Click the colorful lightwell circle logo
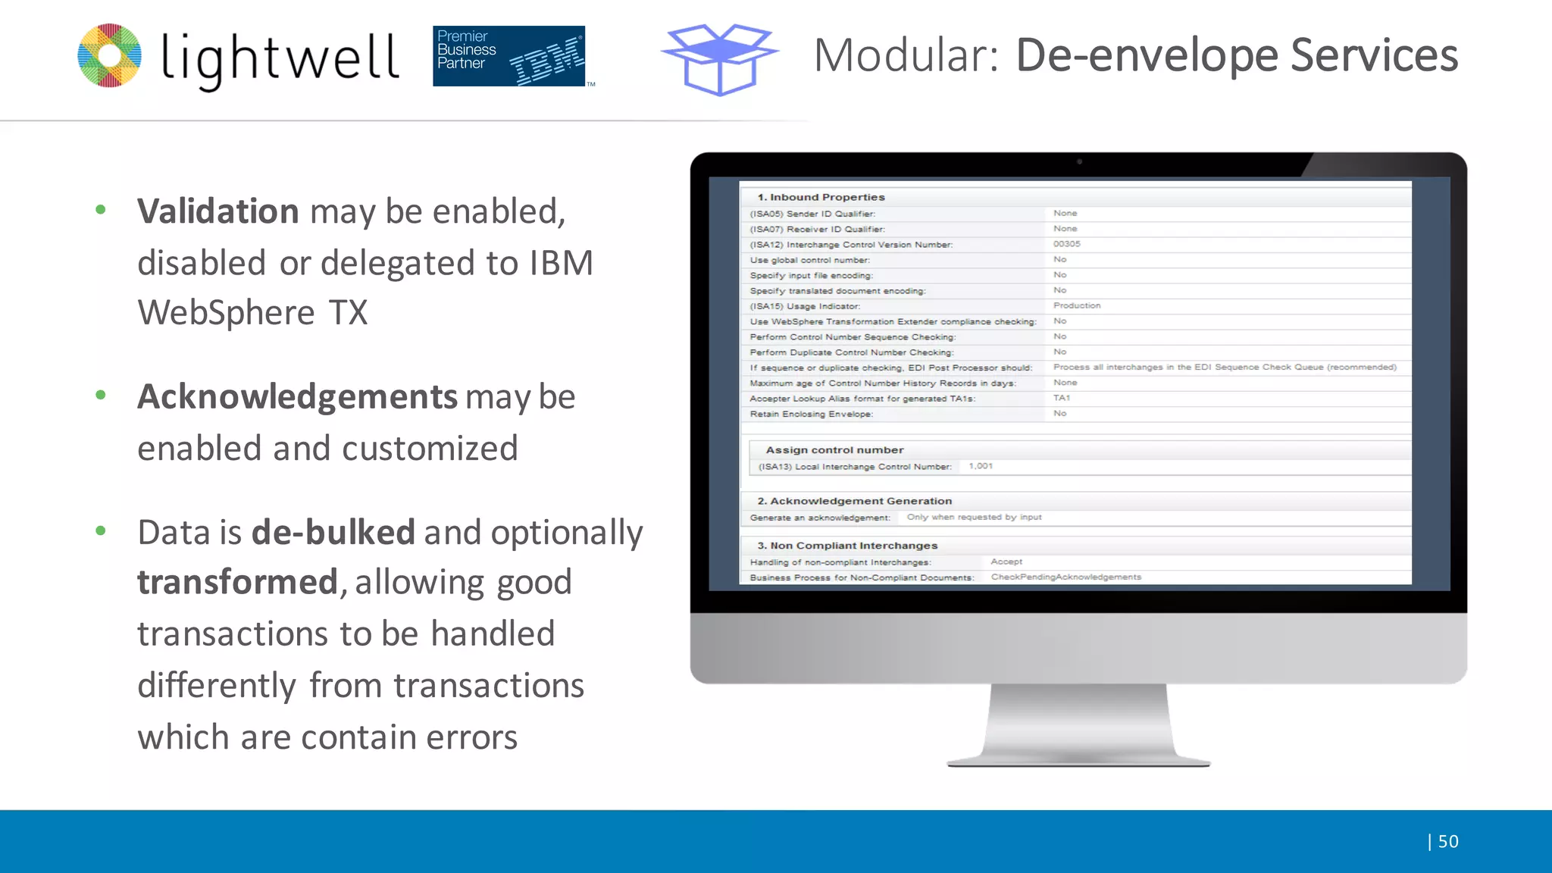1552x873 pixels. [110, 55]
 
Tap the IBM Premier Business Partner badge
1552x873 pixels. [509, 56]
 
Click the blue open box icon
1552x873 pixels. [719, 59]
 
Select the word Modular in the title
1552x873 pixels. [906, 55]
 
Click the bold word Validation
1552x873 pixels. [218, 211]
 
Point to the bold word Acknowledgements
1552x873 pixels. [297, 397]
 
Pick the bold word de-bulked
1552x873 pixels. [333, 532]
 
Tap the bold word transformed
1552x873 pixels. [237, 583]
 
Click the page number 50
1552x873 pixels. [1447, 841]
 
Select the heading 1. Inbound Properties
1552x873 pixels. [821, 197]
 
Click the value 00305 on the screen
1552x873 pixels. [1066, 244]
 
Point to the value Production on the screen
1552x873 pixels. [1076, 305]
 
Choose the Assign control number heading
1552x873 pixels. [834, 450]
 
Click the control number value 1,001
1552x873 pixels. [981, 466]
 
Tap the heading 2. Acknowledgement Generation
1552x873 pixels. [854, 501]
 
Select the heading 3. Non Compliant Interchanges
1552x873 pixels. [847, 546]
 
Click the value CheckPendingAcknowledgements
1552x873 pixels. [1065, 577]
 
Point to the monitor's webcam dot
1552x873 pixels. [1079, 161]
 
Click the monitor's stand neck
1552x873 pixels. [1078, 720]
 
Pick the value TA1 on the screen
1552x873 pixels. [1061, 398]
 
